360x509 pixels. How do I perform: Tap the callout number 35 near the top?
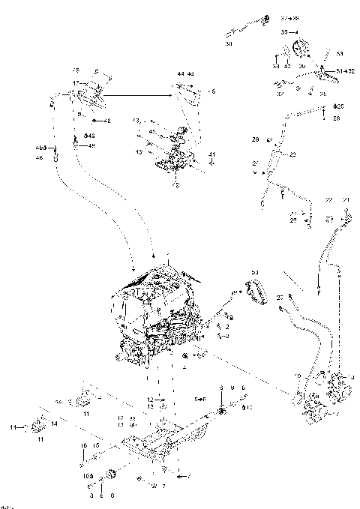pos(285,33)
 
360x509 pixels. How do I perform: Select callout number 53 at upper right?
pos(339,53)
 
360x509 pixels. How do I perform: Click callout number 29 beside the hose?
pos(255,140)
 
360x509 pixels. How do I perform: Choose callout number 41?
pos(212,154)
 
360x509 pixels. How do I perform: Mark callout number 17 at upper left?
pos(75,83)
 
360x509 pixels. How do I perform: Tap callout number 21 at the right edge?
pos(346,199)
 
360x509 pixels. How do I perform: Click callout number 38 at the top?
pos(229,44)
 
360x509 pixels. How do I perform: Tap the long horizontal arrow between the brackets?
pos(139,95)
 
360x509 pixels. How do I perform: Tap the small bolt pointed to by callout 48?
pos(94,120)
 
